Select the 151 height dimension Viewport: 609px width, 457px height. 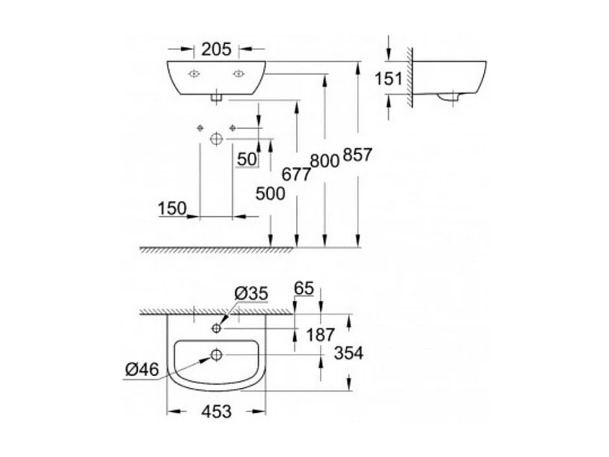(x=389, y=78)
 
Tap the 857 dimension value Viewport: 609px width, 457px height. (x=358, y=156)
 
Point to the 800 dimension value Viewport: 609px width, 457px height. (x=325, y=160)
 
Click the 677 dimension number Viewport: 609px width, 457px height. (x=295, y=173)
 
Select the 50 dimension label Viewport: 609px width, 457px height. (x=247, y=159)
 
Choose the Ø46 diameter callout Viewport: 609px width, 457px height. (x=141, y=369)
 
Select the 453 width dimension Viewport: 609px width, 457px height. (x=216, y=412)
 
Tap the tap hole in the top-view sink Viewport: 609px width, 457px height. (x=216, y=329)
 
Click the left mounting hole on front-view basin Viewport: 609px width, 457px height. (x=194, y=74)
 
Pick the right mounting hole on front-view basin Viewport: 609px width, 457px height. (x=239, y=74)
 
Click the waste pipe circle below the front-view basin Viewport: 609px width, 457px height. (x=216, y=138)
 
